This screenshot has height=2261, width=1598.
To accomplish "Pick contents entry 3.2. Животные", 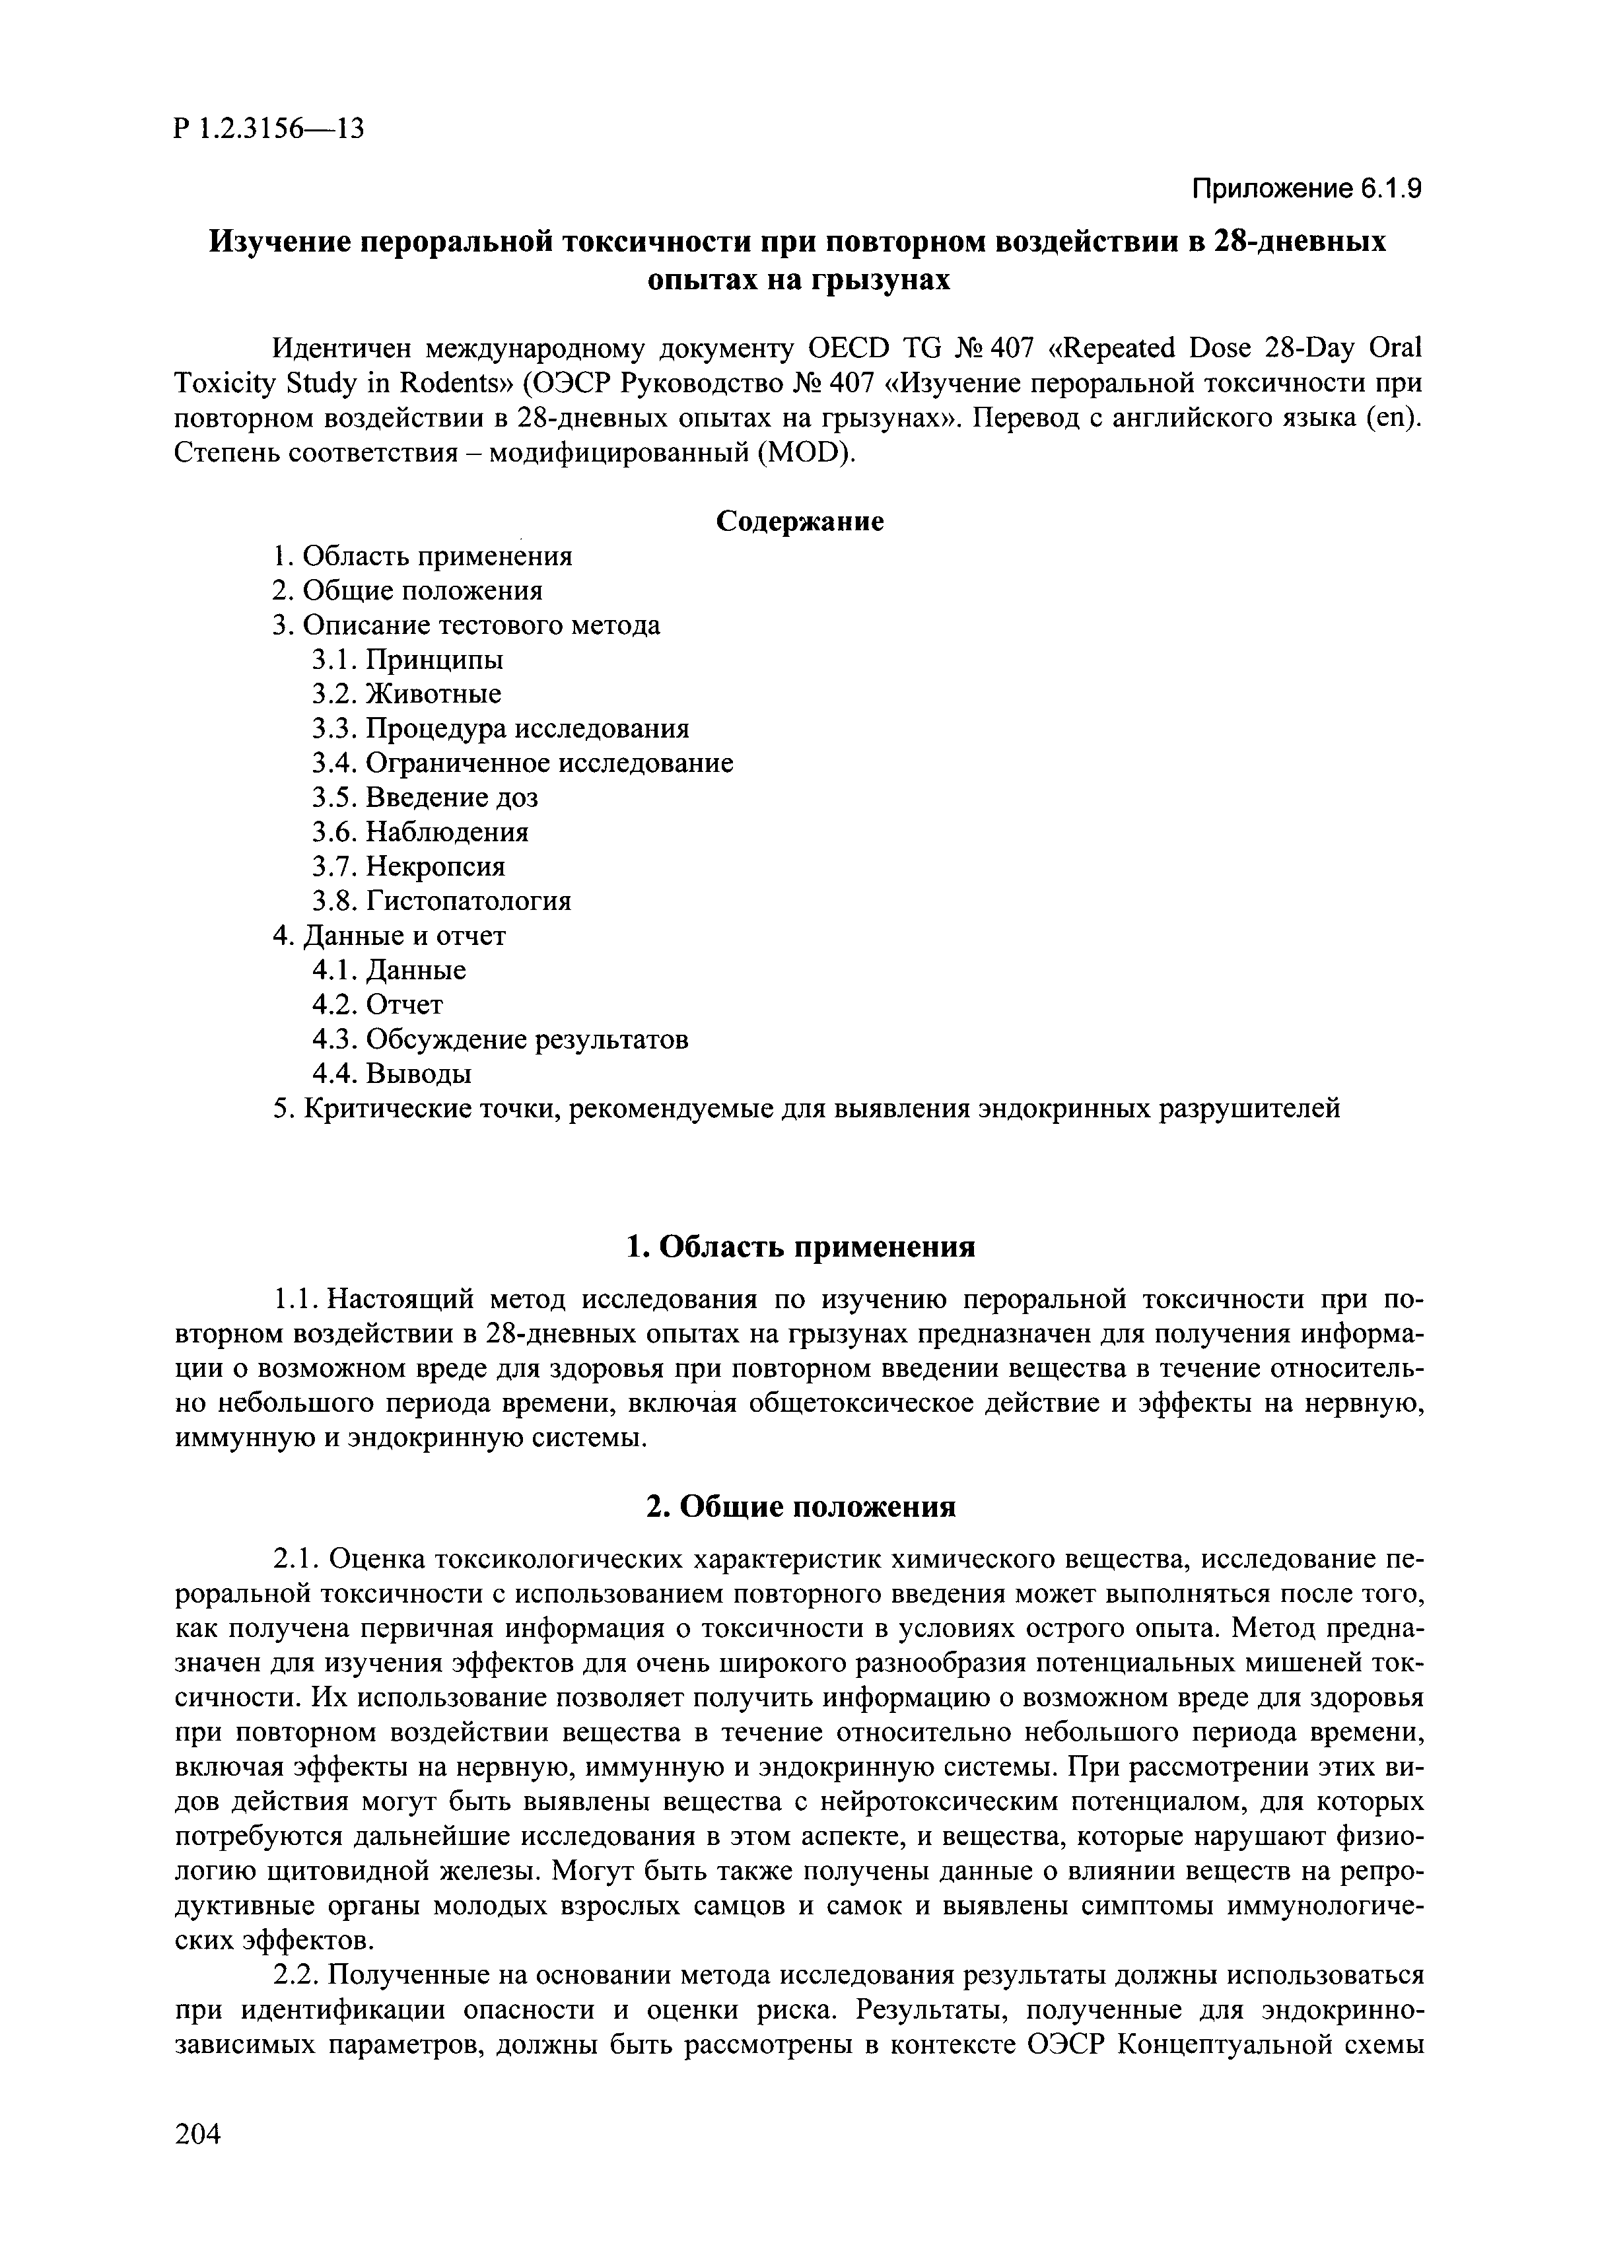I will point(405,693).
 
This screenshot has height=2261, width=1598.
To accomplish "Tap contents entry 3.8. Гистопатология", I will point(441,901).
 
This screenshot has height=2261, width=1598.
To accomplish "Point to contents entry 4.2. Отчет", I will point(377,1004).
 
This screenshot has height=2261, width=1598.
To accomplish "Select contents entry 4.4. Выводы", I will point(391,1074).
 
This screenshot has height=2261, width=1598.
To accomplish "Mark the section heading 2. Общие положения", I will point(800,1507).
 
